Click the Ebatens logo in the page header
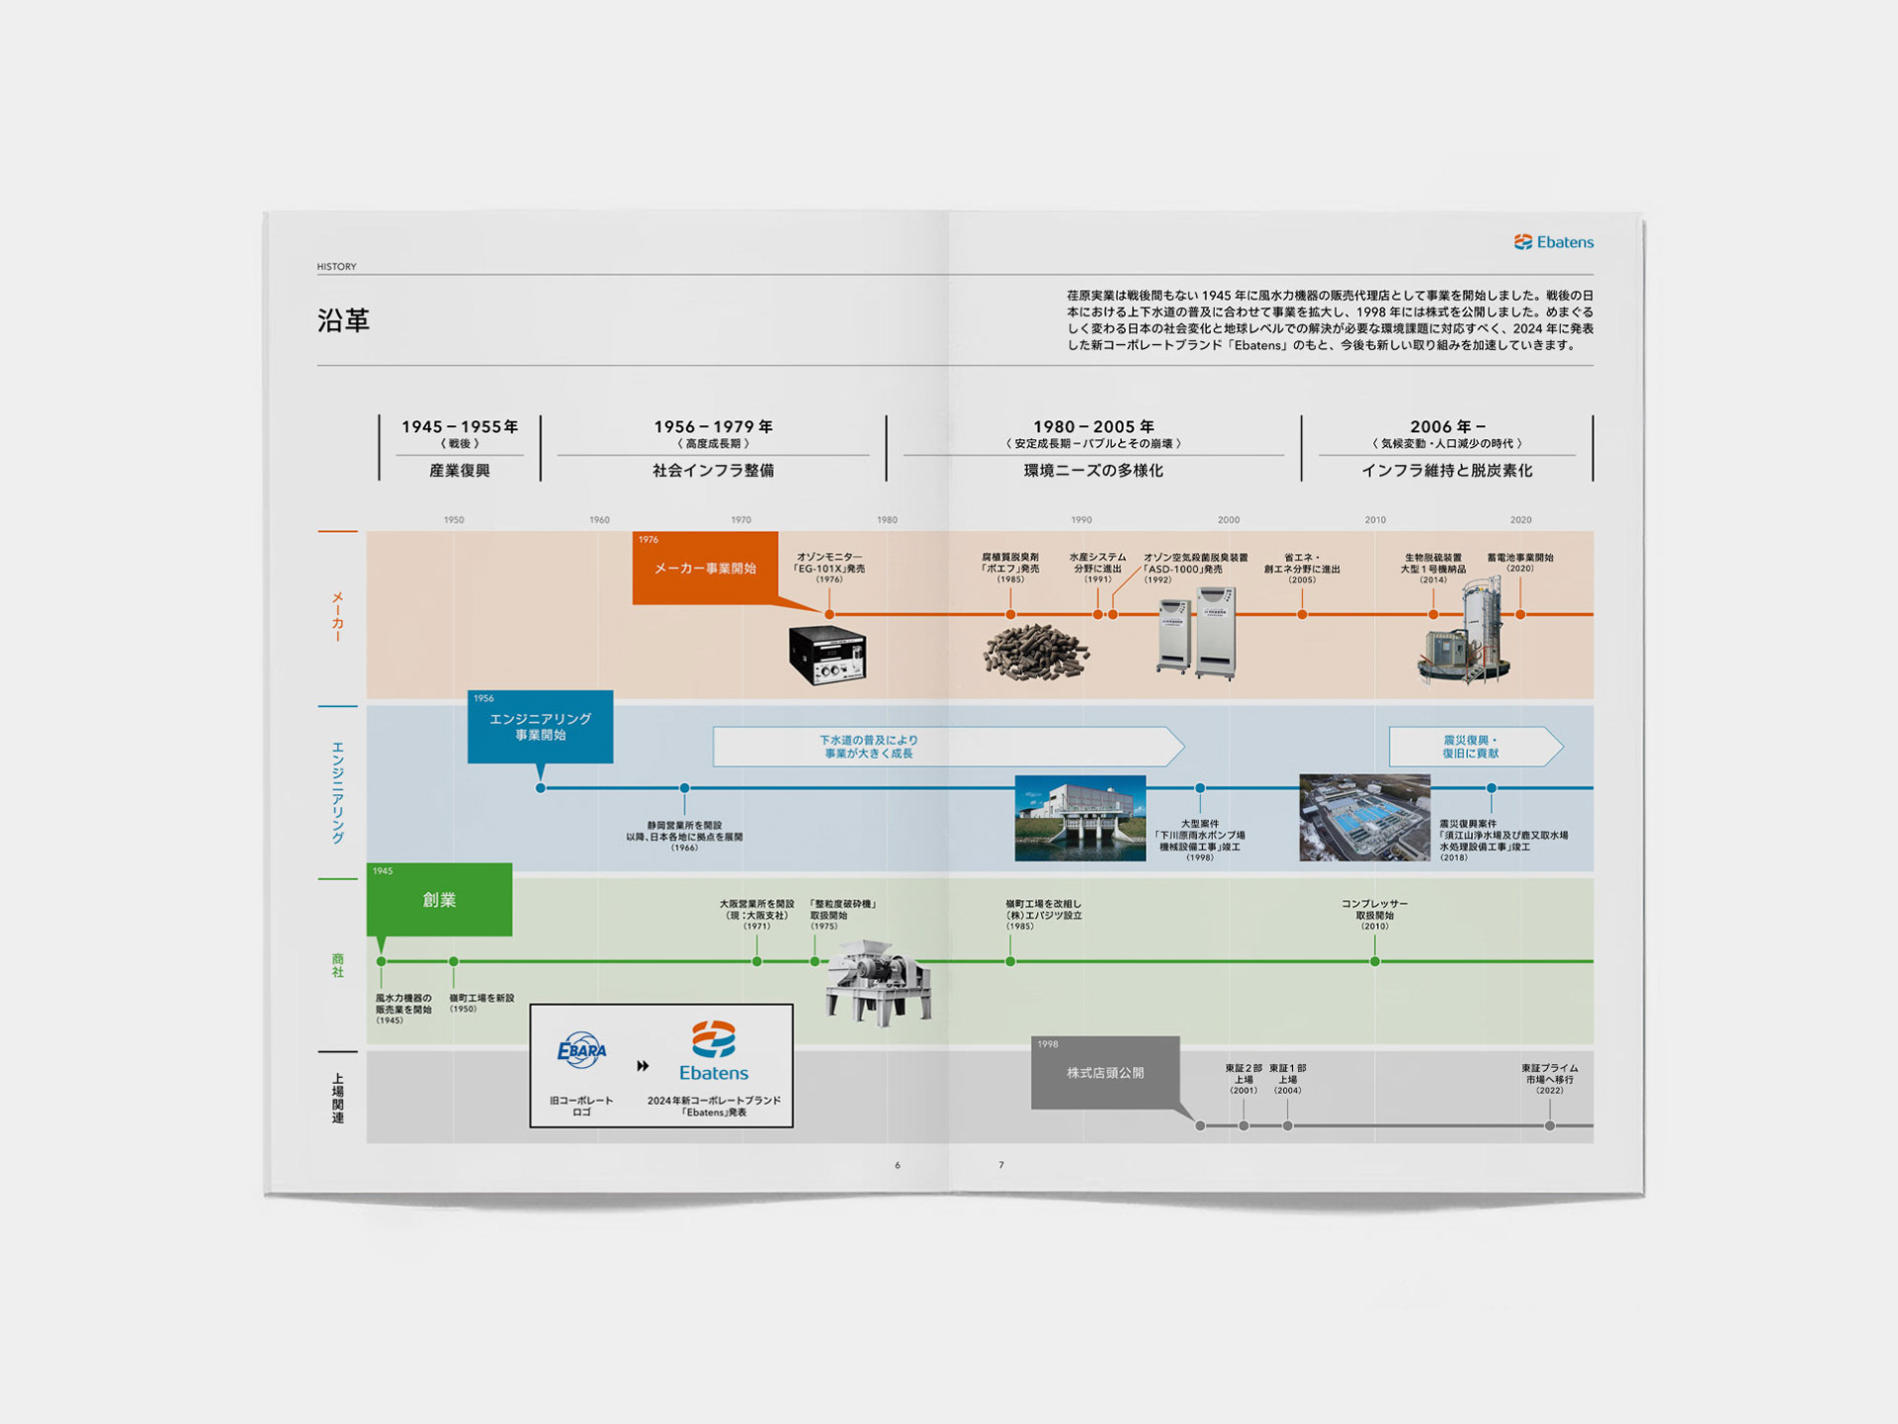click(1553, 242)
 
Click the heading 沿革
click(343, 320)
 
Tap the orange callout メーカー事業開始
click(705, 568)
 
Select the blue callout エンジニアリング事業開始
click(540, 727)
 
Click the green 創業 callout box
click(439, 900)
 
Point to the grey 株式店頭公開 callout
click(1104, 1073)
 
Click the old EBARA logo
click(581, 1050)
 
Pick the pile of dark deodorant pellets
click(1035, 652)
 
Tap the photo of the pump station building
click(1079, 818)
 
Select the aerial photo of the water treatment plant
click(1364, 818)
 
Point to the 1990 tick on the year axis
click(1081, 520)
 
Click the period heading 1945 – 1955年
click(460, 427)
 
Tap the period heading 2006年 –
click(1447, 427)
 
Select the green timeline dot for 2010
click(1375, 961)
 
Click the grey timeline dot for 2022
click(1550, 1125)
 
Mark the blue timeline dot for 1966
click(684, 788)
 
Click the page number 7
click(1001, 1165)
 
